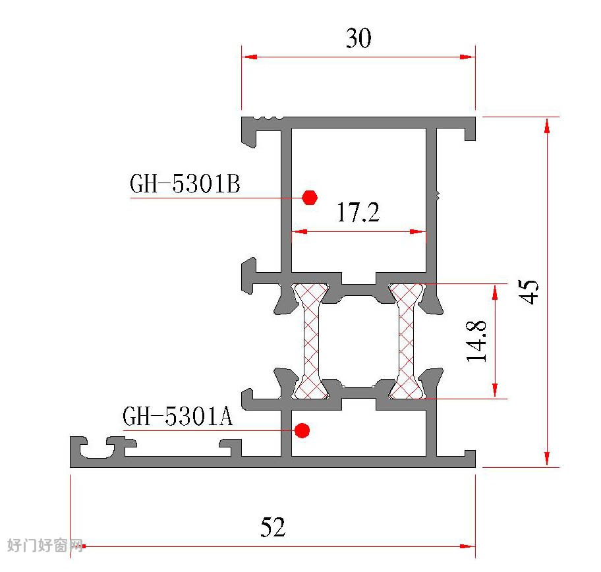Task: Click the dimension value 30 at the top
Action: (358, 38)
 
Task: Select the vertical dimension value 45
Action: (529, 292)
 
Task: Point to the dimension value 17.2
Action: (358, 212)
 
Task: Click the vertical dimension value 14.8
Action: (476, 341)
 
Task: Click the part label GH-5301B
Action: (185, 184)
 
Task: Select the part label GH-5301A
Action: (177, 416)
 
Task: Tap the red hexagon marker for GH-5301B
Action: (309, 198)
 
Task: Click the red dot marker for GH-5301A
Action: (302, 430)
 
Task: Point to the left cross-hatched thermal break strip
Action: (311, 341)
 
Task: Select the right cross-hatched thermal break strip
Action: (407, 341)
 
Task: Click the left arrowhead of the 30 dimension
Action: (250, 57)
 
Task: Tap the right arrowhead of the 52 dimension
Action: (468, 546)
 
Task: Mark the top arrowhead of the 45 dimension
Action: (547, 125)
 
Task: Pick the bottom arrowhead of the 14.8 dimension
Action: (495, 391)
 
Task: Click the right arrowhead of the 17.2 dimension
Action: (418, 231)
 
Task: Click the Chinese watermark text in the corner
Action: (45, 545)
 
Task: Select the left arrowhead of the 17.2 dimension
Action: (300, 231)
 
